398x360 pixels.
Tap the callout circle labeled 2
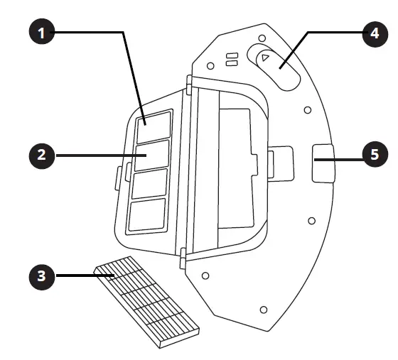click(43, 155)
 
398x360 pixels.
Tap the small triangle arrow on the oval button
click(264, 58)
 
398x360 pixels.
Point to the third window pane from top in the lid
click(149, 182)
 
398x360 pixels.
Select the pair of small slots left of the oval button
click(231, 60)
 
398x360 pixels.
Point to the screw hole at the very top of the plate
click(261, 38)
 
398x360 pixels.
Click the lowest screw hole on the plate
click(264, 310)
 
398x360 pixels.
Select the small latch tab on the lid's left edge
click(119, 175)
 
